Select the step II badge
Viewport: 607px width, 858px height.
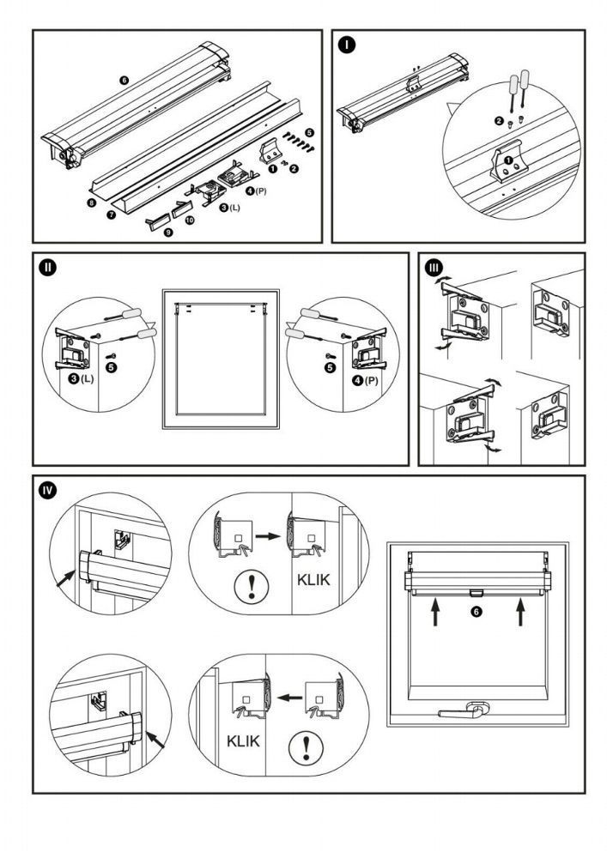point(48,268)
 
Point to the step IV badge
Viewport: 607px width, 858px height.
point(48,491)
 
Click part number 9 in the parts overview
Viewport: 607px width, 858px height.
point(168,232)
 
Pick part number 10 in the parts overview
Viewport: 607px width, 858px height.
point(190,221)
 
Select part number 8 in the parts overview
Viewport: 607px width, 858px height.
point(91,203)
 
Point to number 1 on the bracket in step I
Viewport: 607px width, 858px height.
point(508,160)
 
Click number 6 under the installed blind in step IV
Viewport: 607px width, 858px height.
point(476,612)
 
